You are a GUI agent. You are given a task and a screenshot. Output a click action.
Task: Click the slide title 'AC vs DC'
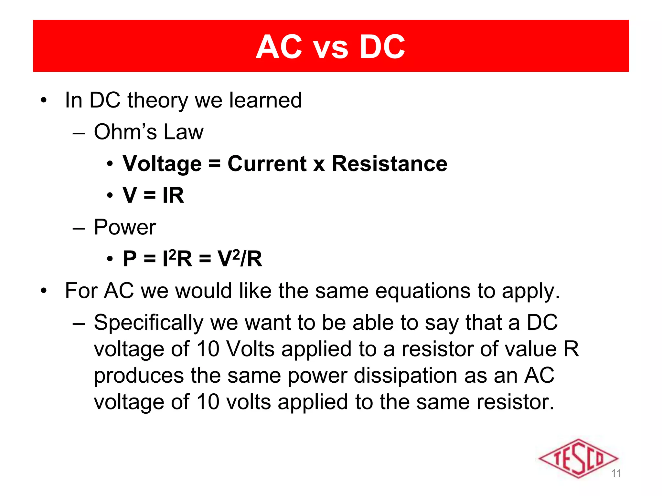coord(330,47)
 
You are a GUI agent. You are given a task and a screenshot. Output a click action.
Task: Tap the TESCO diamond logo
coord(578,458)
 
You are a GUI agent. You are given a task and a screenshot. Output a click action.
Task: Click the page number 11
coord(616,473)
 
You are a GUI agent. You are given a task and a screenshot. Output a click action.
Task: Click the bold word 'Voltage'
coord(162,164)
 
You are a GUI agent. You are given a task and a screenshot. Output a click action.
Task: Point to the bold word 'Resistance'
coord(390,164)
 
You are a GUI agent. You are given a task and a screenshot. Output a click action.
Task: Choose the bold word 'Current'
coord(267,164)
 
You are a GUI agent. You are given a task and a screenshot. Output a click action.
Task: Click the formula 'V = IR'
coord(153,195)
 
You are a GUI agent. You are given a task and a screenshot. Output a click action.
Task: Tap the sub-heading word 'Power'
coord(125,227)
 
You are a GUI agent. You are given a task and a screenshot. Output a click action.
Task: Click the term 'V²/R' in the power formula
coord(240,259)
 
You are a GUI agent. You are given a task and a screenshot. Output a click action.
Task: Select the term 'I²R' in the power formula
coord(177,259)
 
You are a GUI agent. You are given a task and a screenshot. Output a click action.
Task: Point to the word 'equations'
coord(393,291)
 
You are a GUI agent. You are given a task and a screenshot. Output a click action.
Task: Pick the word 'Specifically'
coord(148,323)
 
